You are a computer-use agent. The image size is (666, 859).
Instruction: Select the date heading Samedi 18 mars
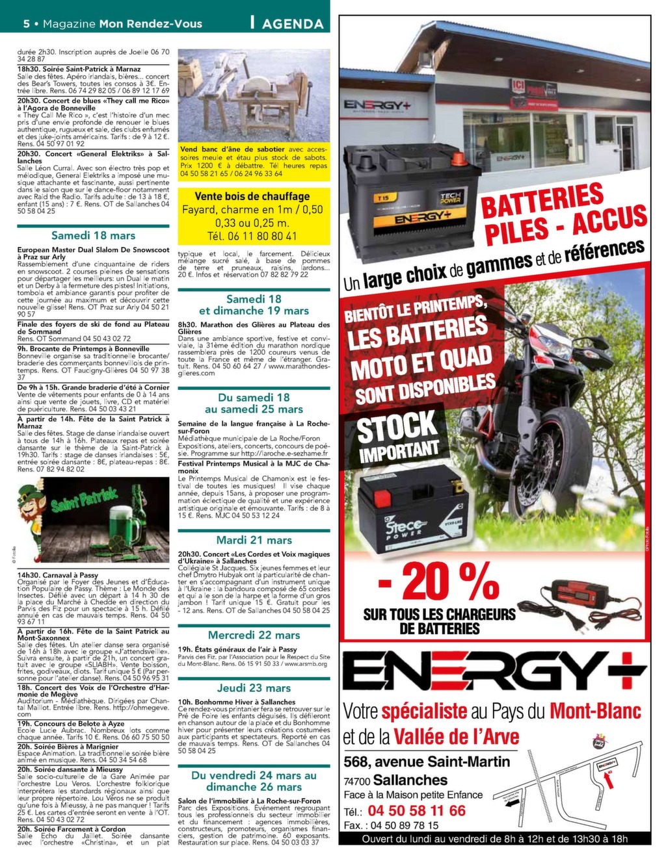click(93, 235)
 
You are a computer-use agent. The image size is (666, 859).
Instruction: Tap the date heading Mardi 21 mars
click(254, 540)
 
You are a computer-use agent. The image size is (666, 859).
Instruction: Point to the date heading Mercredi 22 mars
click(254, 635)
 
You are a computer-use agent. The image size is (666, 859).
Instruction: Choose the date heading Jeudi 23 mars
click(254, 688)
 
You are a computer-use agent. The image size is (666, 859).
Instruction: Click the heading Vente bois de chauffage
click(252, 196)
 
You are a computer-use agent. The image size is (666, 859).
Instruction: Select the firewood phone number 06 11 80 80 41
click(252, 236)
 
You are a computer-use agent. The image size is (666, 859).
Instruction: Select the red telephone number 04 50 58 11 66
click(416, 810)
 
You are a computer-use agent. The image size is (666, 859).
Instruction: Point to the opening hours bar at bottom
click(494, 838)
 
